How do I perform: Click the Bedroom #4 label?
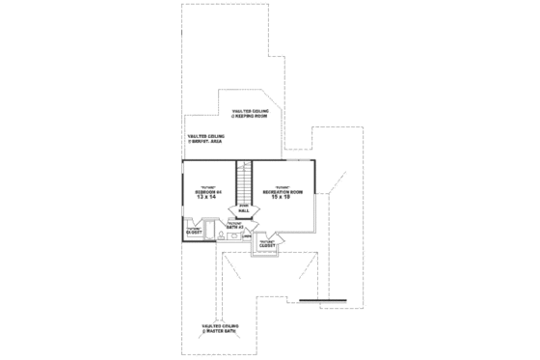209,192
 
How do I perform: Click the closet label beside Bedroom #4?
194,232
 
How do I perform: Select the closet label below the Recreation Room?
267,244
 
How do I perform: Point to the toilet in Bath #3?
221,235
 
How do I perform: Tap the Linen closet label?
247,235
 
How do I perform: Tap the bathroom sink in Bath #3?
234,235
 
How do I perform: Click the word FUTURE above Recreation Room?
283,186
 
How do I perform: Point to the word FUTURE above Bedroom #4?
208,186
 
